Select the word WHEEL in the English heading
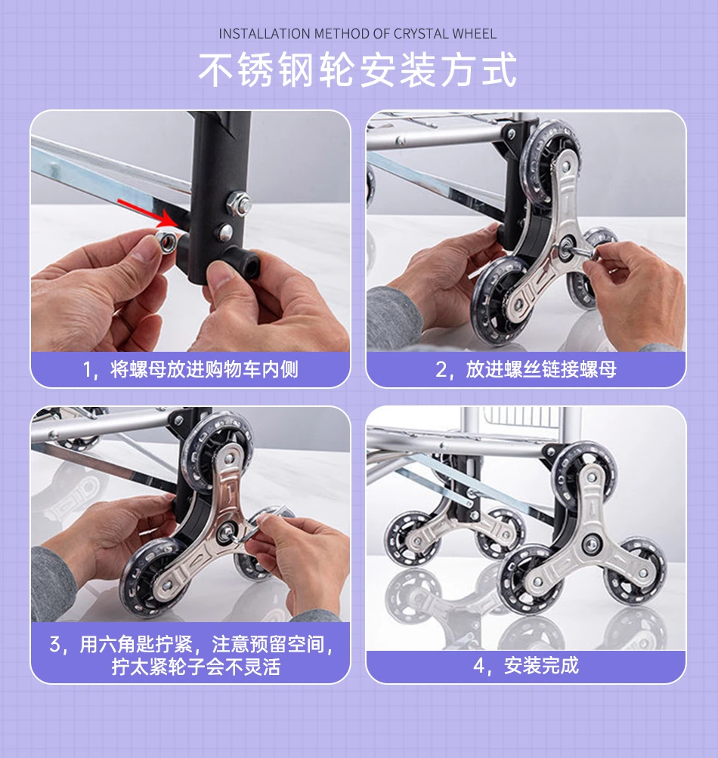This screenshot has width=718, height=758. point(475,34)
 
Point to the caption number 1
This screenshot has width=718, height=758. point(87,370)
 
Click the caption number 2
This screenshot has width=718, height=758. point(441,370)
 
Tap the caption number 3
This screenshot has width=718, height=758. point(54,645)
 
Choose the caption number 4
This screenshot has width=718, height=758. point(478,666)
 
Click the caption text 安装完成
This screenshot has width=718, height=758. point(541,666)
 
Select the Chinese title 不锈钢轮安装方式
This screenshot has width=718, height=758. point(358,70)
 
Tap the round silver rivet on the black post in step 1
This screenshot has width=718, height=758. point(225,232)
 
